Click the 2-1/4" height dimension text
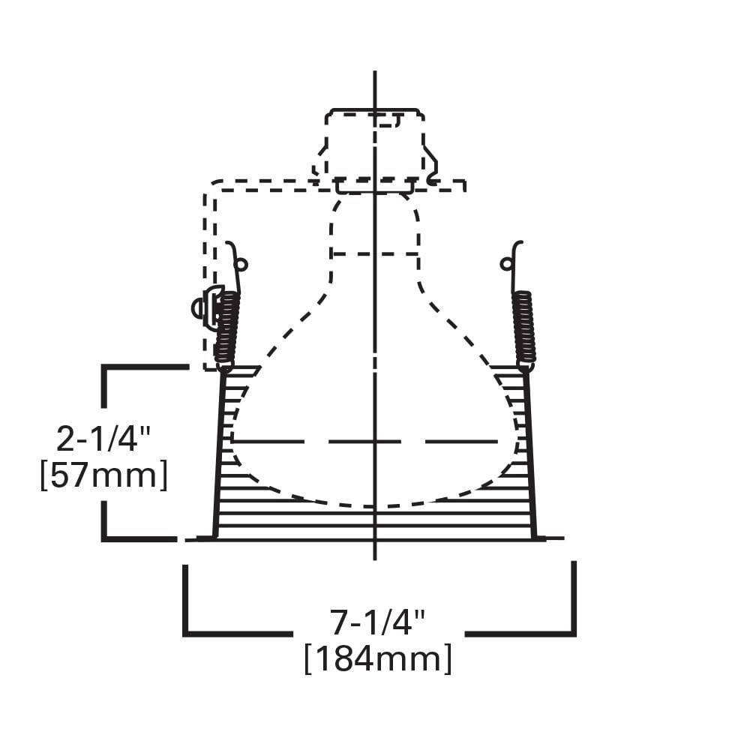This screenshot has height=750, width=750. click(x=103, y=439)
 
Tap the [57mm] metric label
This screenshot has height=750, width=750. click(x=103, y=475)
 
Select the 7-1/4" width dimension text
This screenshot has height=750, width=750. click(x=378, y=621)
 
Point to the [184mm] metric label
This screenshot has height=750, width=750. click(x=378, y=659)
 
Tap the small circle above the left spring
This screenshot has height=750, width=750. click(x=241, y=264)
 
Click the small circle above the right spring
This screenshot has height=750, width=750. click(x=507, y=263)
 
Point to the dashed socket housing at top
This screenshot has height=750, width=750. click(x=373, y=146)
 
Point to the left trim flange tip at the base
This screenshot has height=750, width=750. click(x=199, y=538)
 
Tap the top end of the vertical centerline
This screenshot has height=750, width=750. click(x=374, y=73)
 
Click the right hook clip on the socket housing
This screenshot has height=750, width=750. click(x=431, y=169)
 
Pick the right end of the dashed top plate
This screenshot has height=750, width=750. click(x=464, y=185)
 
